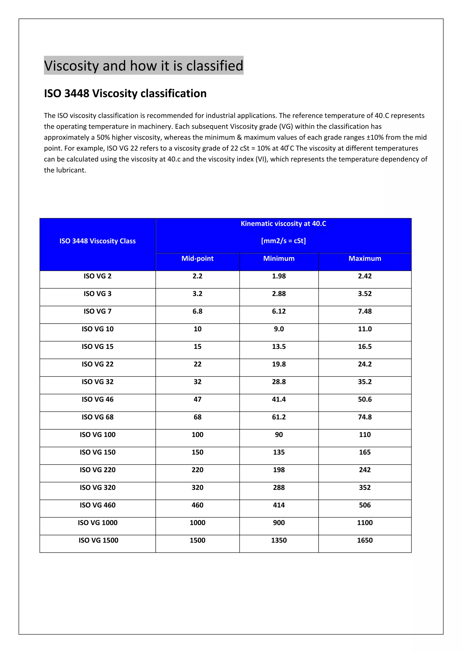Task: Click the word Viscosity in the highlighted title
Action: point(71,66)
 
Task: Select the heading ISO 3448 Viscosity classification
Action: point(125,93)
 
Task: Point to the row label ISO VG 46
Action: point(98,399)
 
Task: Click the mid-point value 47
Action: point(197,399)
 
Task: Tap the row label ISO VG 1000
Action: point(98,522)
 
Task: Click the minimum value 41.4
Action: point(279,399)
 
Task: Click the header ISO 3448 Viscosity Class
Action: point(98,241)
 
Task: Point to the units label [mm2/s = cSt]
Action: point(283,241)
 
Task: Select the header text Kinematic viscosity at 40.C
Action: point(283,223)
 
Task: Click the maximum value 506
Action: point(365,505)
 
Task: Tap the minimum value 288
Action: point(279,487)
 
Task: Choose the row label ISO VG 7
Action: point(98,311)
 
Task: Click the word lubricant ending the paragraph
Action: point(72,170)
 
